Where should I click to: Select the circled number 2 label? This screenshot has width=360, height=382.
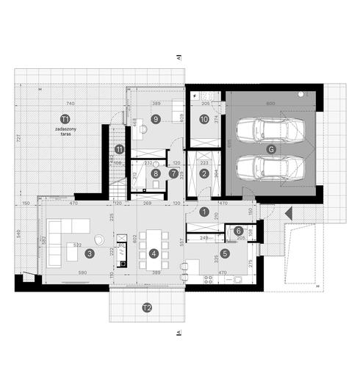pos(204,174)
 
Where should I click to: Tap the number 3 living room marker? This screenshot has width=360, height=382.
pos(88,253)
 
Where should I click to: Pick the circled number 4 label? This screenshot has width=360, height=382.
pos(154,253)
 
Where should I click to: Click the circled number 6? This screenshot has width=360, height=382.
pos(239,231)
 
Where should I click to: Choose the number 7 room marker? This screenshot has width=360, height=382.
pos(174,174)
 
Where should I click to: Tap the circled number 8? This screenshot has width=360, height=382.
pos(156,174)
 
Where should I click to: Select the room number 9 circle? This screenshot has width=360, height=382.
pos(156,118)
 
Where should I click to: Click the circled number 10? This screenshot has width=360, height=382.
pos(204,118)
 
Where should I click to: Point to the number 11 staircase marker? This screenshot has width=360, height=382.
pos(119,150)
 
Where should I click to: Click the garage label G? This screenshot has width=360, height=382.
pos(272,149)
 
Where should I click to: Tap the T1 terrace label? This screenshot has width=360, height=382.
pos(65,118)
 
